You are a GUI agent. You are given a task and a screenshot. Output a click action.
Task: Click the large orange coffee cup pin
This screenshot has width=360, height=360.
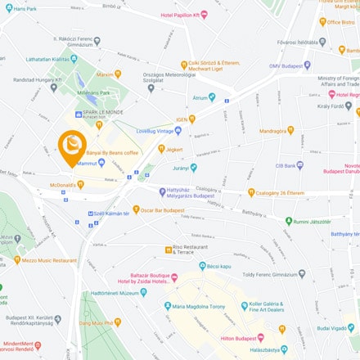click(x=73, y=145)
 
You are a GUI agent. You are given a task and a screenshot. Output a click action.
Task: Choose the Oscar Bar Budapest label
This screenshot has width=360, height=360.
click(x=163, y=209)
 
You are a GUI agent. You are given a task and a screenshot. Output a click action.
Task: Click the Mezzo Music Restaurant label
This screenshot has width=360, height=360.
click(x=50, y=260)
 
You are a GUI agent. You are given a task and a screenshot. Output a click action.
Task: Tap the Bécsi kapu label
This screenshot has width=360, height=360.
click(x=218, y=266)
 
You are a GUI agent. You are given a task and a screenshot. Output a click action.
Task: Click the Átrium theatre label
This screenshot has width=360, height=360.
click(x=200, y=97)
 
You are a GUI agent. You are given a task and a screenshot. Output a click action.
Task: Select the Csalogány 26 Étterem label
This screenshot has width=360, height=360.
click(x=280, y=193)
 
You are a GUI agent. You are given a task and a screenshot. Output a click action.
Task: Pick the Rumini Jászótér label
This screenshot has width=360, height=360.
click(x=313, y=221)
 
